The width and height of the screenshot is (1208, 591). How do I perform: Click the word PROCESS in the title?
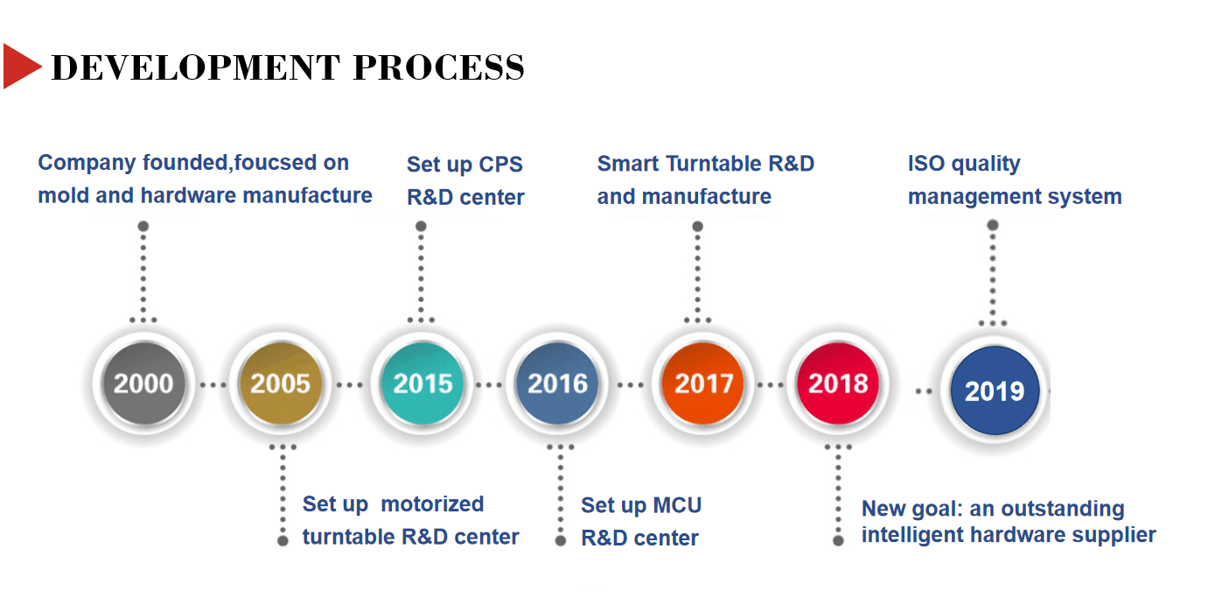coord(438,67)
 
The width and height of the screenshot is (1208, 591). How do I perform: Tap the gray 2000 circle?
coord(143,383)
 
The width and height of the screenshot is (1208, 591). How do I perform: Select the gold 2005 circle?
coord(281,383)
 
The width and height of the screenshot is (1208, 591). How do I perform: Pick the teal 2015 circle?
coord(422,383)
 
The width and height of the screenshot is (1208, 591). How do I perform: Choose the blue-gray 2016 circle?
coord(557,383)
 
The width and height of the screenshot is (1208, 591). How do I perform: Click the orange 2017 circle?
coord(703,383)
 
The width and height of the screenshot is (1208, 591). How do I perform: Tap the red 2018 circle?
coord(838,383)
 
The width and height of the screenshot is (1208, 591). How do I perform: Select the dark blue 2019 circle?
coord(995,390)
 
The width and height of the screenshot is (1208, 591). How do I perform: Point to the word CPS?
coord(500,164)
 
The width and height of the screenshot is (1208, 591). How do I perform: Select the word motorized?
coord(432,504)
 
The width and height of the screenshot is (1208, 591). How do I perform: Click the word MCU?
coord(677,505)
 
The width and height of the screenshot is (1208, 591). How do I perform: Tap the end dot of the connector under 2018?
coord(838,540)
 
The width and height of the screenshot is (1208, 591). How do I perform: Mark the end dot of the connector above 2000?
coord(143,226)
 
